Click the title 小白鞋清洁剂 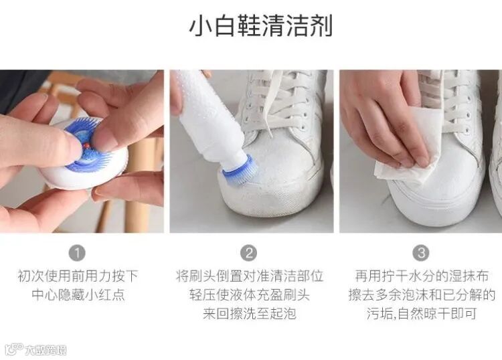[x=261, y=25]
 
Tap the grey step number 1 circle [x=77, y=253]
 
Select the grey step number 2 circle [x=249, y=253]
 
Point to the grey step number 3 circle [x=421, y=253]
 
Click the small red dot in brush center [x=86, y=146]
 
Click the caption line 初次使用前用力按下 [x=78, y=276]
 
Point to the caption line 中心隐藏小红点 [x=78, y=294]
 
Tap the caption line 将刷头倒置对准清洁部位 [x=250, y=276]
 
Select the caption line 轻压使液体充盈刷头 [x=250, y=294]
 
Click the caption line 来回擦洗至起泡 [x=250, y=313]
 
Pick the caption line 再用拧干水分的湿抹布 [x=422, y=276]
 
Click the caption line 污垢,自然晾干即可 [x=422, y=313]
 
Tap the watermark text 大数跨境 [x=46, y=350]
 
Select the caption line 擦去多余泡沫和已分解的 [x=422, y=294]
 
